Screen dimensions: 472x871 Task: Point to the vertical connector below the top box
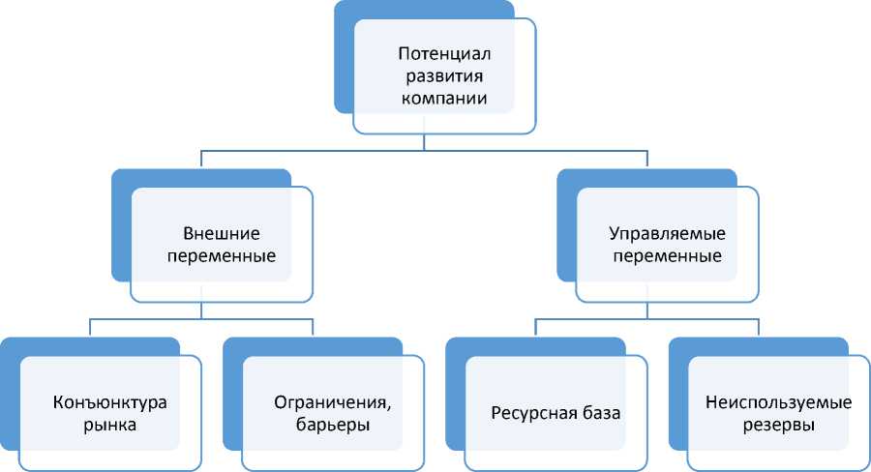424,142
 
